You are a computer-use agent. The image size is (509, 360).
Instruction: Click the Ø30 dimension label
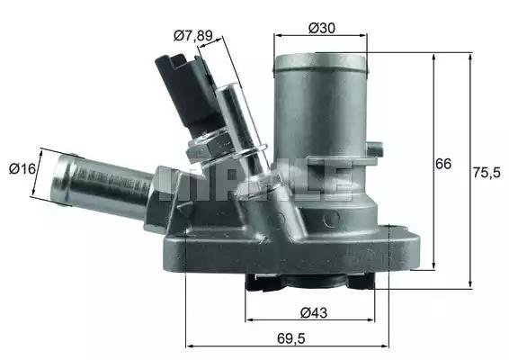pos(322,28)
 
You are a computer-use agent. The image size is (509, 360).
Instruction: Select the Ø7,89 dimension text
pos(193,35)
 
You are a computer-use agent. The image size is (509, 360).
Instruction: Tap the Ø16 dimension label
pos(22,168)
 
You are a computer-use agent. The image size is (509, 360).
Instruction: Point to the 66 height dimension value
pos(443,164)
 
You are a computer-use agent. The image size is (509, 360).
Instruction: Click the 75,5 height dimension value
pos(487,173)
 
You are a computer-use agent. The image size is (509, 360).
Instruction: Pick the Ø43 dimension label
pos(314,313)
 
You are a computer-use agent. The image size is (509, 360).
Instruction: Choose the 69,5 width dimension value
pos(291,339)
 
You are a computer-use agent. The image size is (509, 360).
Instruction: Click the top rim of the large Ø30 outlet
pos(321,61)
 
